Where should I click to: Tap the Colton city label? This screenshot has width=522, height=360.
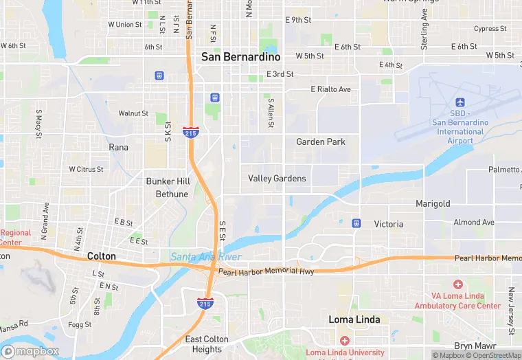(101, 256)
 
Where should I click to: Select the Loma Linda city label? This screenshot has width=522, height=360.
(354, 319)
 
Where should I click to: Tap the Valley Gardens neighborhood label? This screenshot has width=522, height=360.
(277, 179)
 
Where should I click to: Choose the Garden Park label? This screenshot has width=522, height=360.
(321, 142)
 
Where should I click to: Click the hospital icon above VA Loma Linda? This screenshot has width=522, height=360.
(458, 284)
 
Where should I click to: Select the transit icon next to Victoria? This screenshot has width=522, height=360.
(356, 223)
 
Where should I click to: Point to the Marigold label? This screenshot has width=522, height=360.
(433, 204)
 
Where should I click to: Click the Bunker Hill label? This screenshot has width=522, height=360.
(168, 182)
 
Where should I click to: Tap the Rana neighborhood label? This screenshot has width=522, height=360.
(118, 147)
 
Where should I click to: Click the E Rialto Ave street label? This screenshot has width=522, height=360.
(330, 89)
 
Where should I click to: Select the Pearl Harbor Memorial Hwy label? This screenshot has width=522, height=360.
(266, 272)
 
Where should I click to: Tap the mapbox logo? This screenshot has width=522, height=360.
(31, 351)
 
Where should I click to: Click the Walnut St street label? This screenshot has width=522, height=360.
(133, 113)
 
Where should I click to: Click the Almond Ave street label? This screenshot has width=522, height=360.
(473, 223)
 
